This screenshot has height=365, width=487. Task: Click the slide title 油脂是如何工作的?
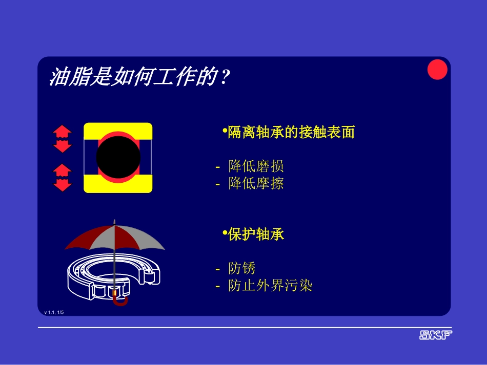[x=138, y=78]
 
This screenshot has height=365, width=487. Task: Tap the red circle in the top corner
[x=437, y=70]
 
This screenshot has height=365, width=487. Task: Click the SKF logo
[x=436, y=335]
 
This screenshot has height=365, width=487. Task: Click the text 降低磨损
[x=256, y=166]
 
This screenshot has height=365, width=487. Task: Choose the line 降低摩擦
[x=256, y=183]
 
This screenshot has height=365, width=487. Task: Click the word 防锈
[x=242, y=268]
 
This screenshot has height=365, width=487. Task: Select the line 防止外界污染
[x=270, y=285]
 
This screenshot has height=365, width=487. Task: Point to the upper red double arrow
[x=62, y=139]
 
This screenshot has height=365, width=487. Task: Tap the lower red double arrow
[x=62, y=177]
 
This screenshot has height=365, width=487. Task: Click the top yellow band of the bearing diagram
[x=118, y=128]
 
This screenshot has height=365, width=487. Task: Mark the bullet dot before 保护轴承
[x=225, y=233]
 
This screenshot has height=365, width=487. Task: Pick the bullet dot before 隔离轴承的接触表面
[x=225, y=132]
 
